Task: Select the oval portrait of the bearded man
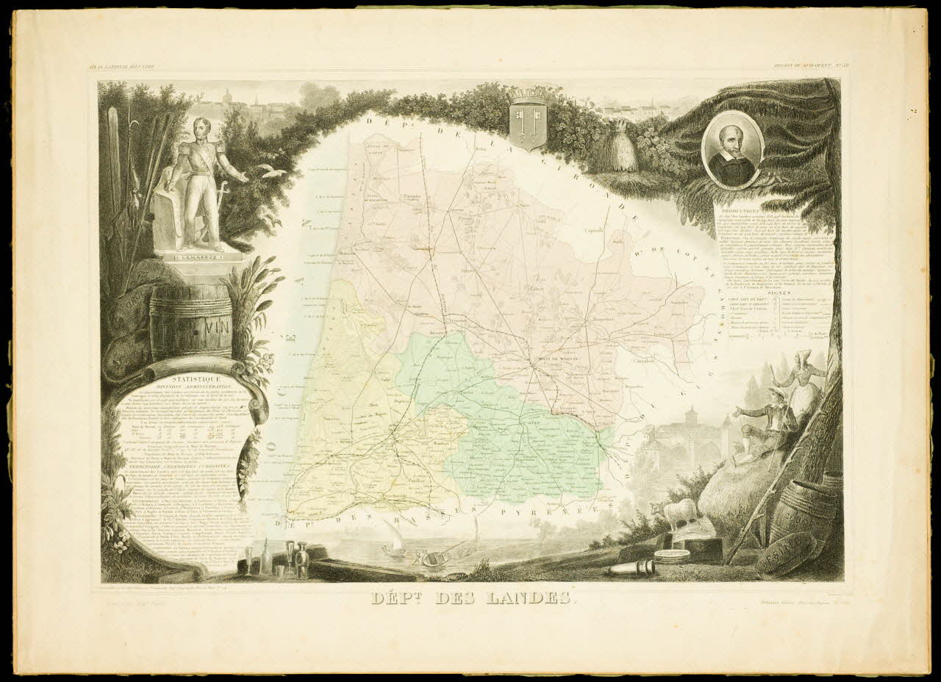731,150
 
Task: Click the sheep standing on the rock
676,512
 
